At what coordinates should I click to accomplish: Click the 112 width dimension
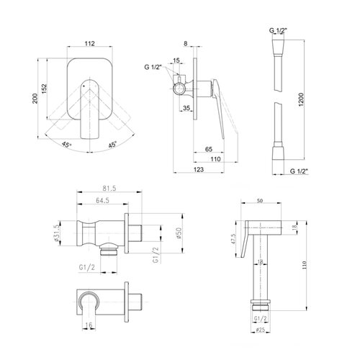point(90,43)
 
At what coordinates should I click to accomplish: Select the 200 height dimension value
point(35,99)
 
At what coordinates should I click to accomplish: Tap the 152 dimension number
point(45,89)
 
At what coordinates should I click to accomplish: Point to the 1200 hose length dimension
point(301,99)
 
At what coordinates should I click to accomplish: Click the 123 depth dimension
point(199,169)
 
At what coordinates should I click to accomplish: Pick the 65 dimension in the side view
point(209,149)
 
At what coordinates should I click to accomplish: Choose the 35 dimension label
point(186,108)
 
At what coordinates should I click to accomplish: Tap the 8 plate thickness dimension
point(186,43)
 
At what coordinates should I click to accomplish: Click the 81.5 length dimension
point(109,189)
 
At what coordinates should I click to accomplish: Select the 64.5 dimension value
point(102,200)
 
